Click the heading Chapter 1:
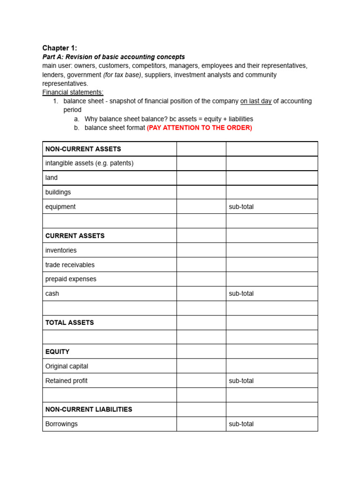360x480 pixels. tap(60, 48)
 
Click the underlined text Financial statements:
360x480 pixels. tap(73, 92)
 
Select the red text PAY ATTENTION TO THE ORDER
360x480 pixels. tap(199, 127)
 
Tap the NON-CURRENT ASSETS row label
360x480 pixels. tap(83, 149)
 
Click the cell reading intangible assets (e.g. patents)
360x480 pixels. tap(89, 163)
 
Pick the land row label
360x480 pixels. tap(52, 178)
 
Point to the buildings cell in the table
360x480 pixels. tap(58, 192)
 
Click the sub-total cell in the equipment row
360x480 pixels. tap(241, 207)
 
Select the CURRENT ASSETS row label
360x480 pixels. tap(75, 236)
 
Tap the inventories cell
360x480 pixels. tap(61, 250)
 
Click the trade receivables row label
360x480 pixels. tap(70, 265)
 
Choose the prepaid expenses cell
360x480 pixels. tap(71, 279)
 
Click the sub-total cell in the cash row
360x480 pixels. tap(241, 293)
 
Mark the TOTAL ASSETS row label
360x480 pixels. tap(69, 322)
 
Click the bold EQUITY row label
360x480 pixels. tap(57, 352)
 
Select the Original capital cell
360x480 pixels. tap(67, 366)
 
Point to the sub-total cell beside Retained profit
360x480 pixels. tap(241, 381)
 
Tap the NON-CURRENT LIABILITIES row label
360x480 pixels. tap(89, 409)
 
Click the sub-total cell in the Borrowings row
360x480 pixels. tap(241, 424)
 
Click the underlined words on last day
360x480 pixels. tap(256, 101)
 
